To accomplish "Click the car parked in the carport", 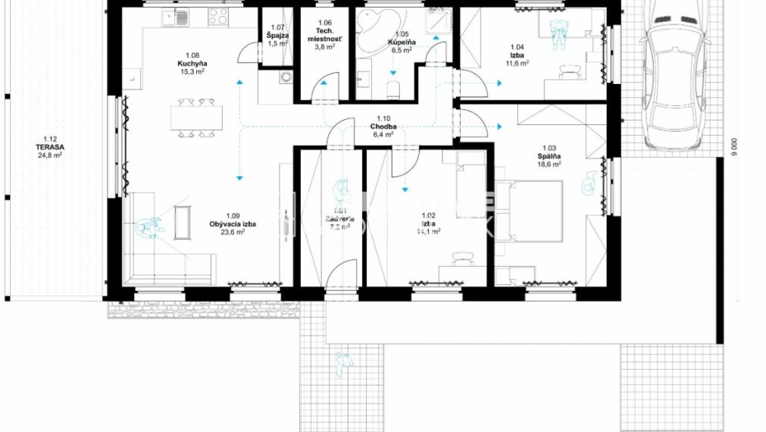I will point(677,76).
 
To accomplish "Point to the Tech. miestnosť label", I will point(325,35).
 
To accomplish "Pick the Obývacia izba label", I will point(233,228).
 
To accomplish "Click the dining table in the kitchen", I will point(196,117).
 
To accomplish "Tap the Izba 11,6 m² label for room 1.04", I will point(517,58).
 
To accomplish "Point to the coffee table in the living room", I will point(183,223).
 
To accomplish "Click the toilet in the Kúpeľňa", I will point(393,89).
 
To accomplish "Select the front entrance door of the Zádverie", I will point(340,273).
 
